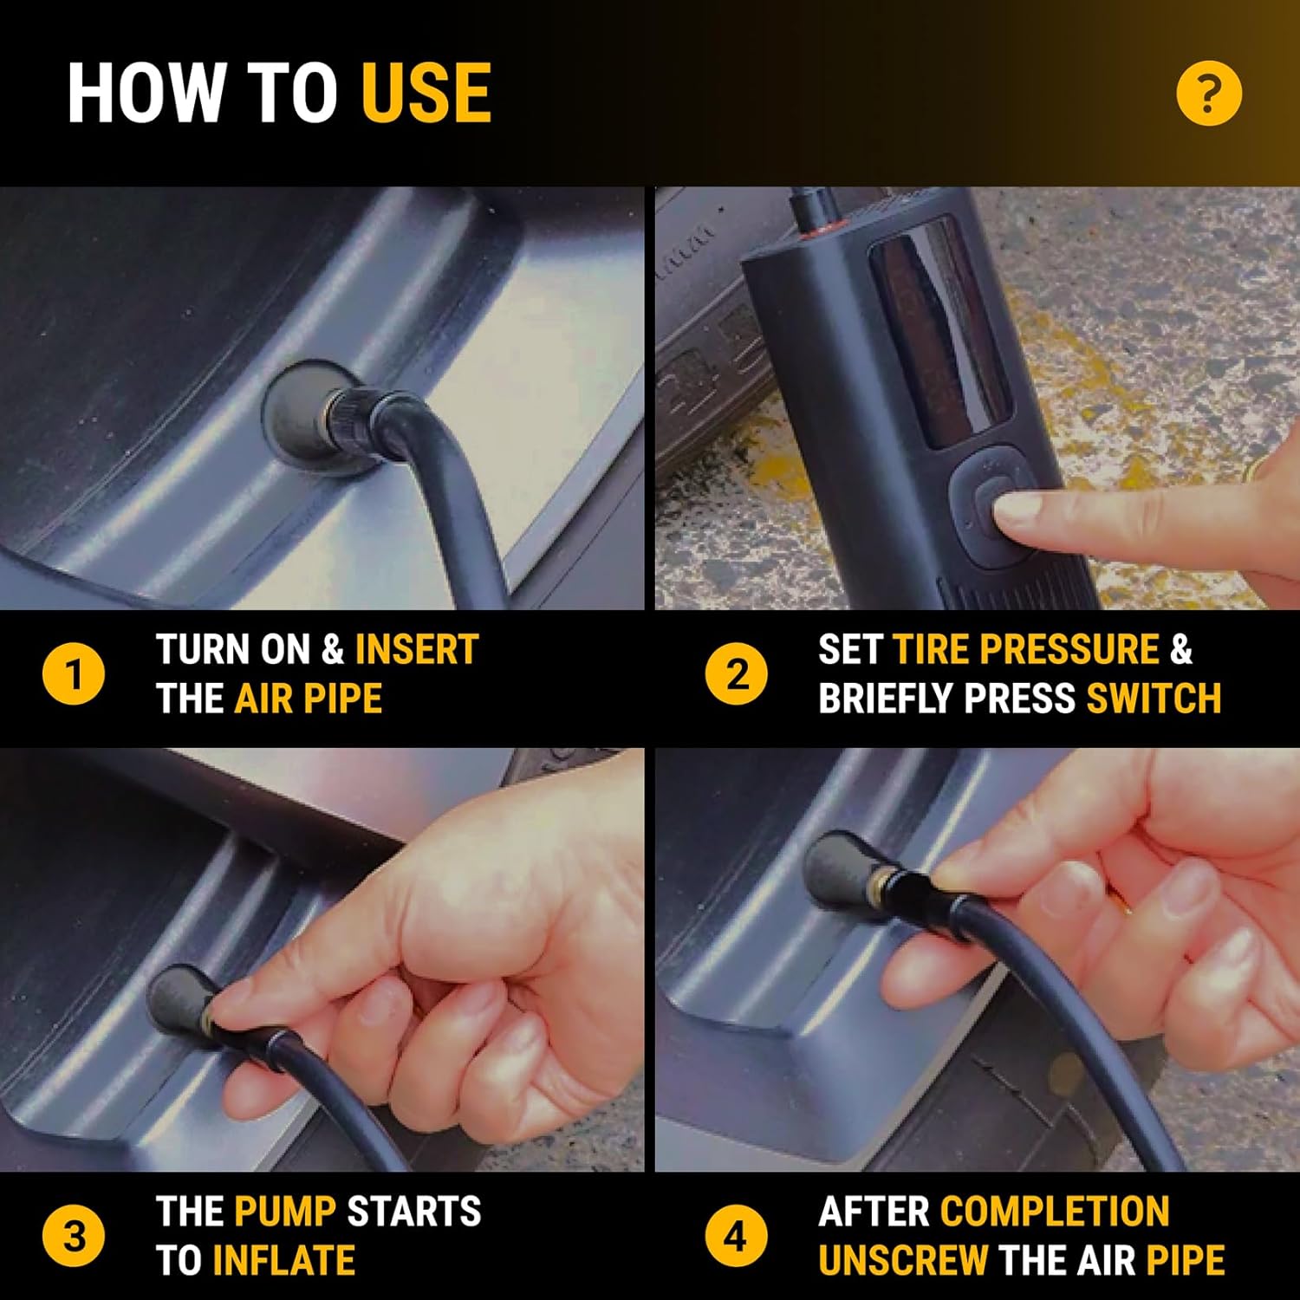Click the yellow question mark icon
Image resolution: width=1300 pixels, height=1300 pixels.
pos(1209,93)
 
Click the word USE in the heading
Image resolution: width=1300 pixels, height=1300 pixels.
pos(426,93)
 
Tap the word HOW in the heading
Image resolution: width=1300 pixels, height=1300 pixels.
pos(146,93)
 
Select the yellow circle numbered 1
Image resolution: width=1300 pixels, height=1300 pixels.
pos(74,674)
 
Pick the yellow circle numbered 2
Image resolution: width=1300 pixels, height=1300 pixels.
pos(736,674)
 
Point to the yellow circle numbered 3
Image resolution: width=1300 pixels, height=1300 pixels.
pos(74,1236)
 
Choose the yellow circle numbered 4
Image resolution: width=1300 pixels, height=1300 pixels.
pos(736,1236)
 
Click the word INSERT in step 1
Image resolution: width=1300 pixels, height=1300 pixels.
pos(417,649)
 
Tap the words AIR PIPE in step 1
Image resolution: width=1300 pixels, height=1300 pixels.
pos(309,699)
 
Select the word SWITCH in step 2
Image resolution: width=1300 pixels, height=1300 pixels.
pos(1154,699)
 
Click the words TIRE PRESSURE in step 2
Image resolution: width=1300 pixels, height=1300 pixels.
pos(1026,649)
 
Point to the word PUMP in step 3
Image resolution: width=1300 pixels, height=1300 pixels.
pos(285,1212)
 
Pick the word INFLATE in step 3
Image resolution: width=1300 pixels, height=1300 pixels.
pos(283,1261)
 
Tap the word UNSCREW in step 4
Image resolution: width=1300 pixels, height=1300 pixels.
pos(903,1261)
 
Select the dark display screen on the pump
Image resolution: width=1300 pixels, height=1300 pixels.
pos(940,334)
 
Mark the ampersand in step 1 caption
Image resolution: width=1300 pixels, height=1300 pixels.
pos(333,649)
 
